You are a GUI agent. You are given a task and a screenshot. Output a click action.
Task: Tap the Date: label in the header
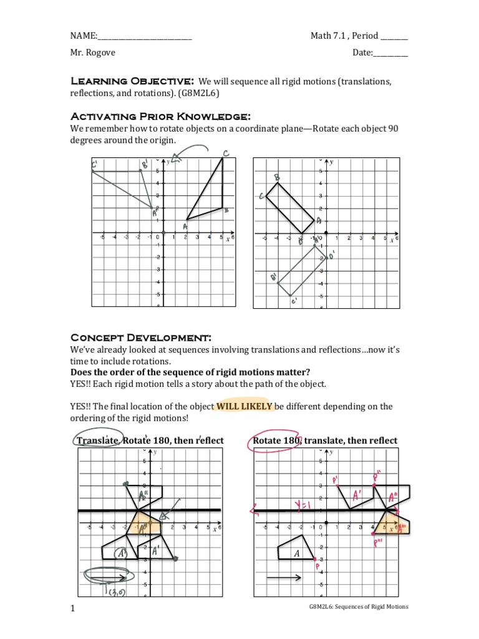click(362, 53)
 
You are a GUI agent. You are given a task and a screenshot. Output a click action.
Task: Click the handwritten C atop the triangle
click(225, 154)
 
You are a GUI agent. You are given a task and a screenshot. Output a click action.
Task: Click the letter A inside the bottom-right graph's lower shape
click(296, 553)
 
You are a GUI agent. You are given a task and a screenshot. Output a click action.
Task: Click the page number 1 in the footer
click(72, 607)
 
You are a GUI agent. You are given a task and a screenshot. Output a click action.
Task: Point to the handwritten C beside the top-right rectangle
click(261, 197)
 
